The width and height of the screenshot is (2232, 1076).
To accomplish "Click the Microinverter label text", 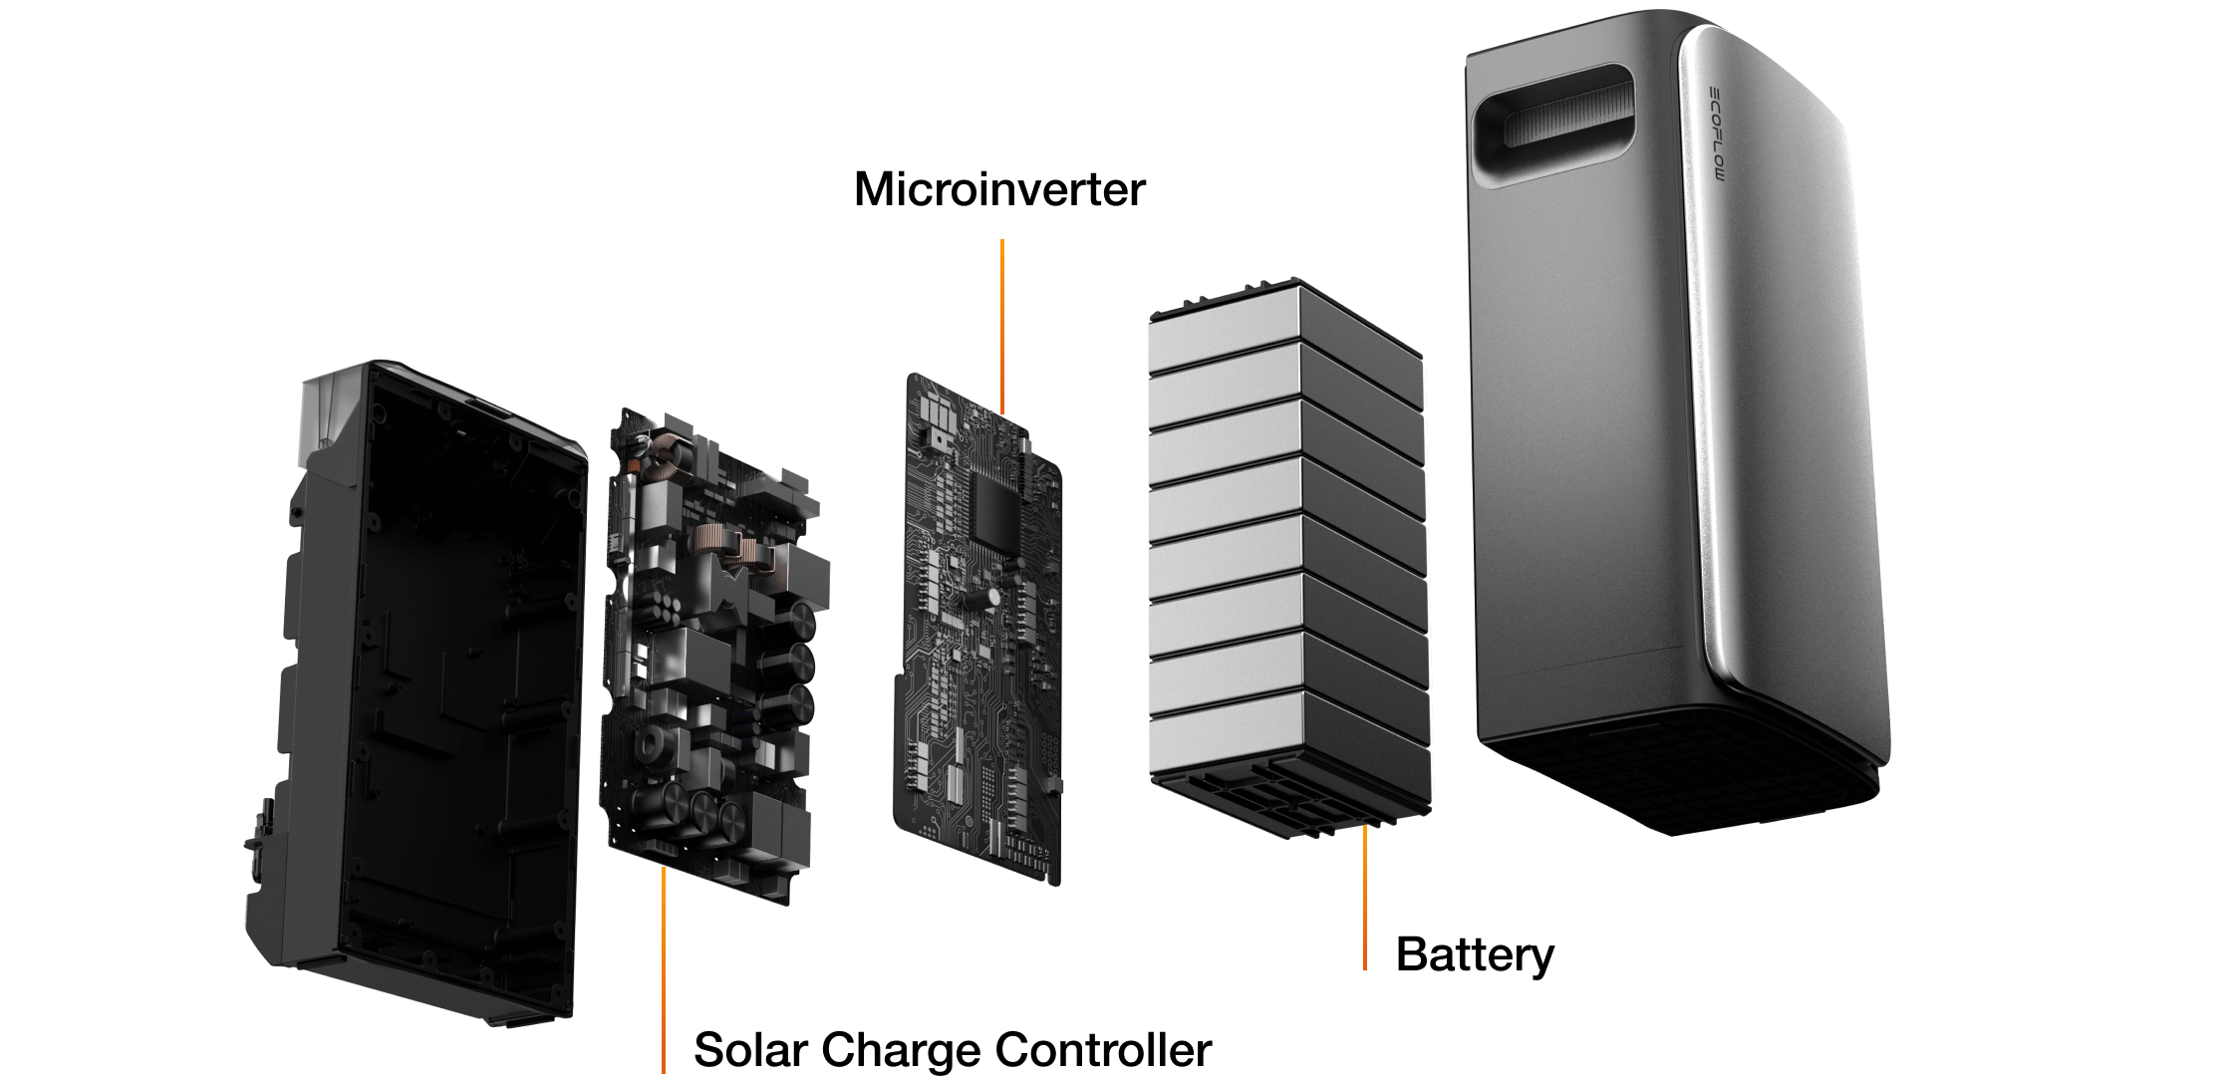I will tap(999, 189).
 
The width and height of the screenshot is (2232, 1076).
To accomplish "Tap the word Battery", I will tap(1475, 953).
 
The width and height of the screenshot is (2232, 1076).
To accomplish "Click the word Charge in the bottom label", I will tap(895, 1049).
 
